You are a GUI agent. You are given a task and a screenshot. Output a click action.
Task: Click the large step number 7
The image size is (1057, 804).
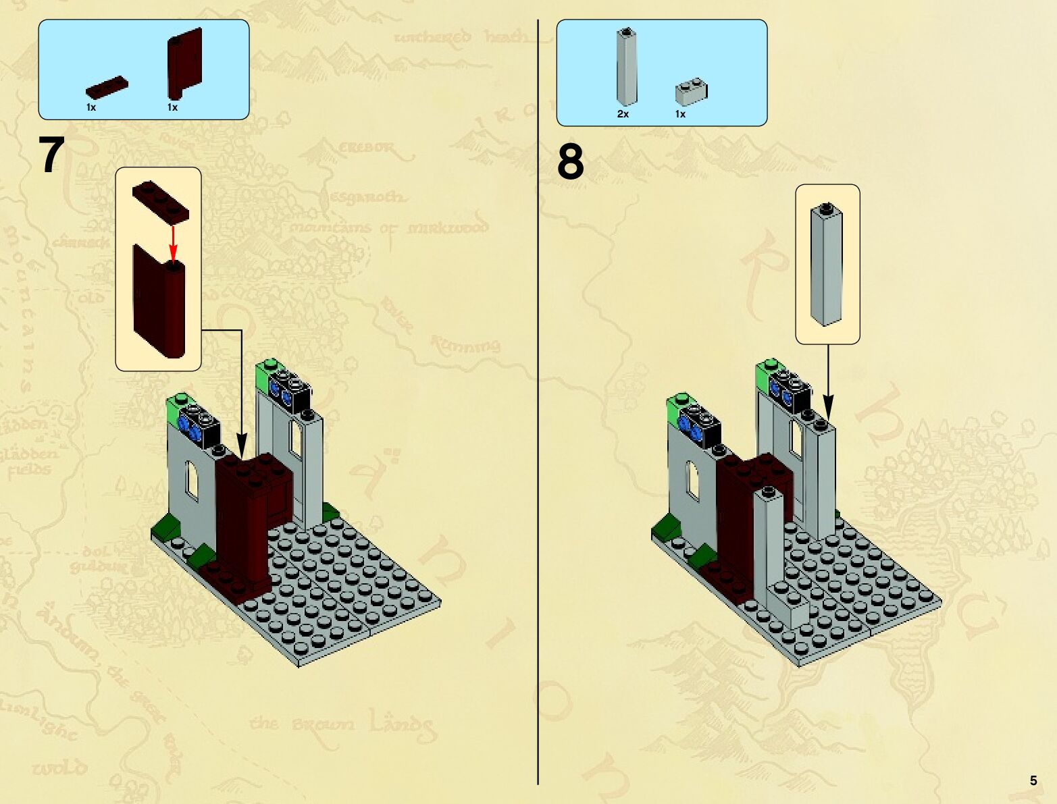click(x=52, y=155)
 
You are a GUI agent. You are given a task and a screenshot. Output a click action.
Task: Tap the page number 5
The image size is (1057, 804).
click(x=1033, y=780)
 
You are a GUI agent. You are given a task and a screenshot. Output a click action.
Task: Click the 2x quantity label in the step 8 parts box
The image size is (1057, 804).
click(x=623, y=114)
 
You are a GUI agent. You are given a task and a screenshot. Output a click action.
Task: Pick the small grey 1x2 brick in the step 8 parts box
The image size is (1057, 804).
click(x=691, y=92)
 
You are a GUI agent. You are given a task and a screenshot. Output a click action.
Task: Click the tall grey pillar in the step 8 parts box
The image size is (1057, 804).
click(x=627, y=67)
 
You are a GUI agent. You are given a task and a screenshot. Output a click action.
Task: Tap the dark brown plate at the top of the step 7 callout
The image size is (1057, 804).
click(x=161, y=201)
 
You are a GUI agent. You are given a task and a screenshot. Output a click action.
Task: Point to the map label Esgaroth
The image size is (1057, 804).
click(x=368, y=197)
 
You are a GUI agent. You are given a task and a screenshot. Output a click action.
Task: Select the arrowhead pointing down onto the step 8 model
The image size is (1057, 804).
click(x=828, y=408)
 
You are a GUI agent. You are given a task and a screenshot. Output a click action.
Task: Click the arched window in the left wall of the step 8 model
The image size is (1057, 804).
click(x=693, y=479)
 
